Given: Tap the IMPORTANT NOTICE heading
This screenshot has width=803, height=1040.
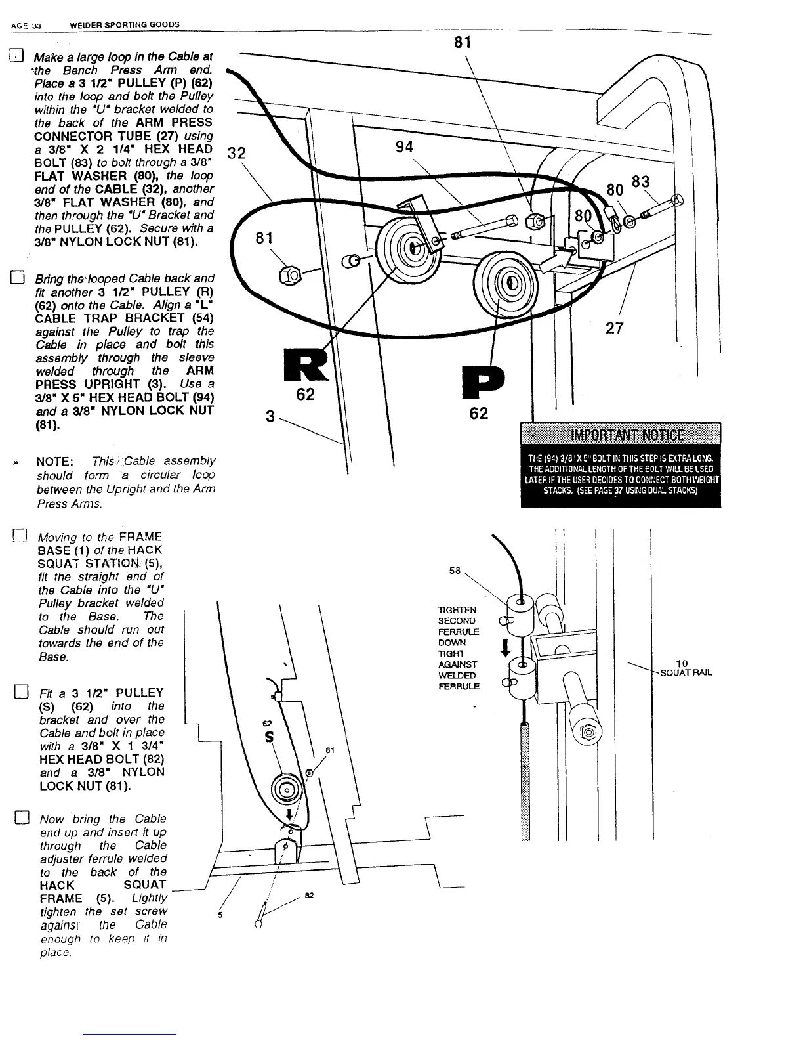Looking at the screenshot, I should [x=620, y=435].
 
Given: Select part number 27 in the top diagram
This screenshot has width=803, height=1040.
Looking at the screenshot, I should [x=614, y=328].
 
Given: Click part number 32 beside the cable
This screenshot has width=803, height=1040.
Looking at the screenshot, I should [x=236, y=153].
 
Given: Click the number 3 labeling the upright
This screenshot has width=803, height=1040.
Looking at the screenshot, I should [x=270, y=416].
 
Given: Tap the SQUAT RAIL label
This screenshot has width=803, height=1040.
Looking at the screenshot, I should [x=686, y=673].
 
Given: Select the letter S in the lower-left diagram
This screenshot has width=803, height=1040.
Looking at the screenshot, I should [x=269, y=737].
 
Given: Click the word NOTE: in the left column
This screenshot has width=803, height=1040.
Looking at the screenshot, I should [x=58, y=461].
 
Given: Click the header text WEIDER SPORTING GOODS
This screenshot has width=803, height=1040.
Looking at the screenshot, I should [x=125, y=25].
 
